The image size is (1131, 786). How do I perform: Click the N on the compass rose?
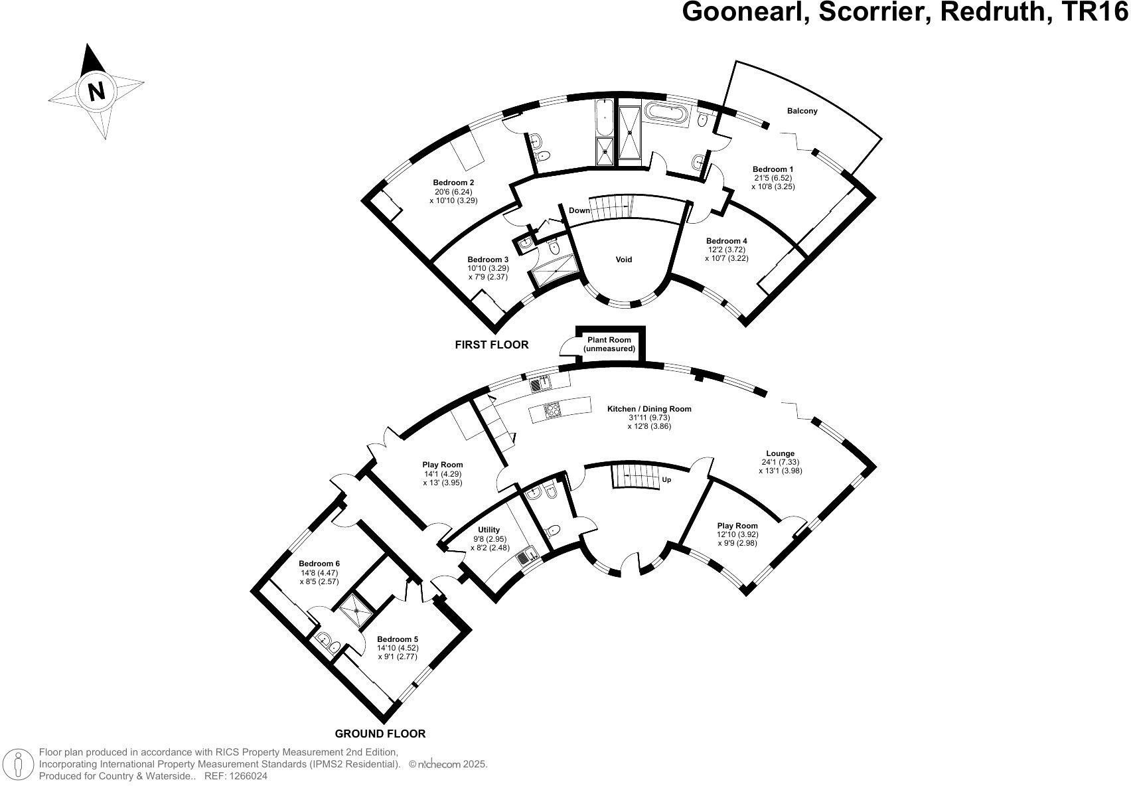(x=96, y=92)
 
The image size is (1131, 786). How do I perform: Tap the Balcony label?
(x=802, y=111)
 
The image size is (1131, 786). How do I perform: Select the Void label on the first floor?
(x=623, y=260)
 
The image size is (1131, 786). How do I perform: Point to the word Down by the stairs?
(x=579, y=210)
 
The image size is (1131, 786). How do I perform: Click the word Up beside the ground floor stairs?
(x=666, y=480)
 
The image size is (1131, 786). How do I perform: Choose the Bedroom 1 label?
(x=773, y=169)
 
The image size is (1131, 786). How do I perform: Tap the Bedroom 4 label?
(x=727, y=241)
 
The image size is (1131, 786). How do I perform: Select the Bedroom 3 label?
(x=488, y=260)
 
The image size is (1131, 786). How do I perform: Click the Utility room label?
(x=489, y=529)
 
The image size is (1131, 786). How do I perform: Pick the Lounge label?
(x=780, y=453)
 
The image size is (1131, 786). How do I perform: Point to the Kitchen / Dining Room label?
(x=649, y=409)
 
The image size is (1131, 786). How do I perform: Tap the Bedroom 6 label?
(x=319, y=564)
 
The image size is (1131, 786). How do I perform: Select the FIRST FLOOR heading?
(x=492, y=345)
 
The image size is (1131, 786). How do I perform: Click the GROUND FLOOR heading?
(x=380, y=734)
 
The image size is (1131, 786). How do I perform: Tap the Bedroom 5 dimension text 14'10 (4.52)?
(x=398, y=648)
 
